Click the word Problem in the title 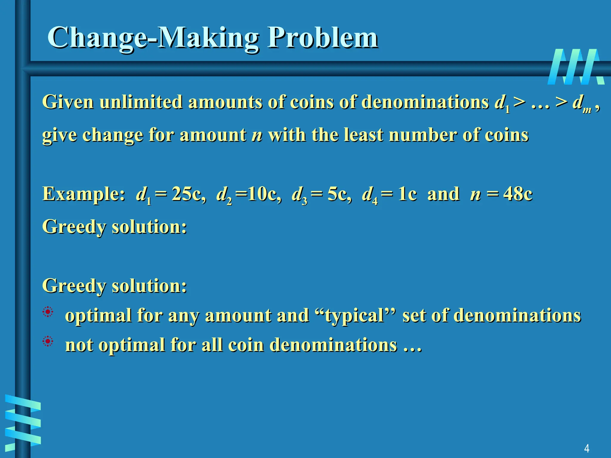pos(323,38)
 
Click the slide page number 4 pos(587,448)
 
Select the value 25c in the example pos(188,194)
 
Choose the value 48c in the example pos(518,194)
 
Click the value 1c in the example pos(407,194)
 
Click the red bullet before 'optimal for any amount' pos(48,312)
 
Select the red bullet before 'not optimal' pos(48,341)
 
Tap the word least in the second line pos(363,135)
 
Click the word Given pos(68,102)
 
